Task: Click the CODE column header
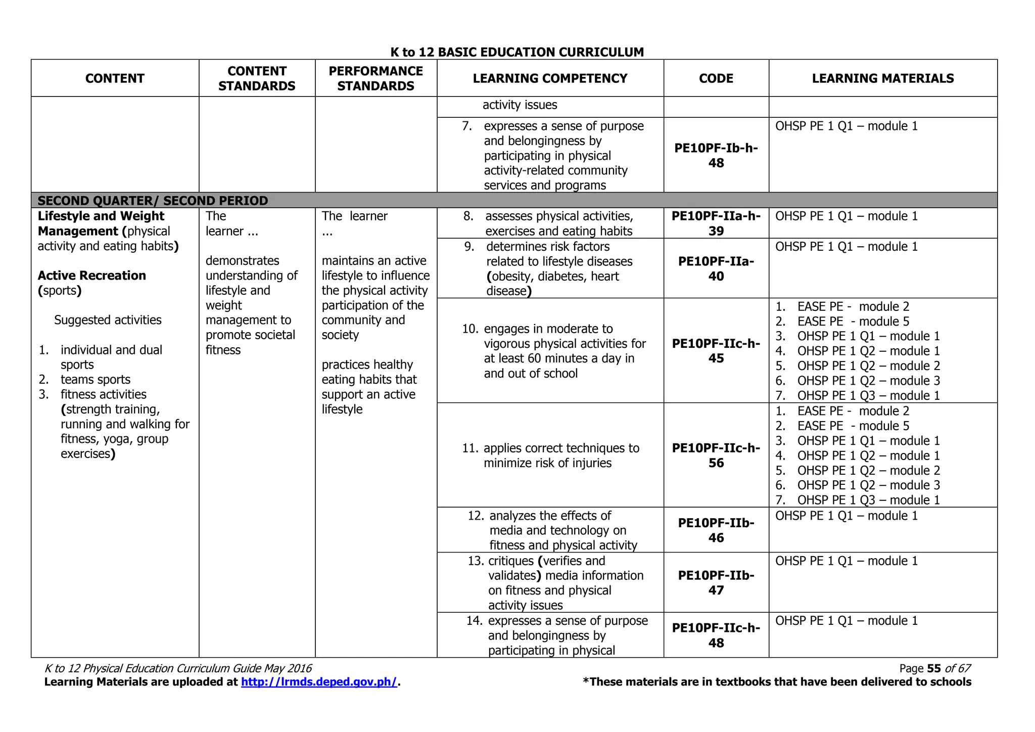[x=716, y=78]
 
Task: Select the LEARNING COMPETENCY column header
[x=550, y=78]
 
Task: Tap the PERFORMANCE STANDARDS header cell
[x=375, y=78]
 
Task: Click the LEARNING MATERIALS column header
[x=882, y=78]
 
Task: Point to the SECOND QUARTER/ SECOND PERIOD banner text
[x=153, y=201]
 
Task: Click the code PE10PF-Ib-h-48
[x=716, y=156]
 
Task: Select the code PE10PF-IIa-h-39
[x=716, y=223]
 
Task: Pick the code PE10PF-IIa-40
[x=716, y=268]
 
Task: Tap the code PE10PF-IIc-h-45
[x=716, y=351]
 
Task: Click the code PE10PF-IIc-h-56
[x=716, y=455]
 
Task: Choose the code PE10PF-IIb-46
[x=716, y=530]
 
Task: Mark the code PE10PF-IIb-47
[x=716, y=582]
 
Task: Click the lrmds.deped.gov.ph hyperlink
[x=319, y=682]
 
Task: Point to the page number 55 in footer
[x=934, y=668]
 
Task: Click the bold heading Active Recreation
[x=92, y=276]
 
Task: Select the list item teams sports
[x=95, y=380]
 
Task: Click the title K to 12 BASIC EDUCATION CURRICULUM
[x=517, y=52]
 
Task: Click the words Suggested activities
[x=108, y=320]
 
